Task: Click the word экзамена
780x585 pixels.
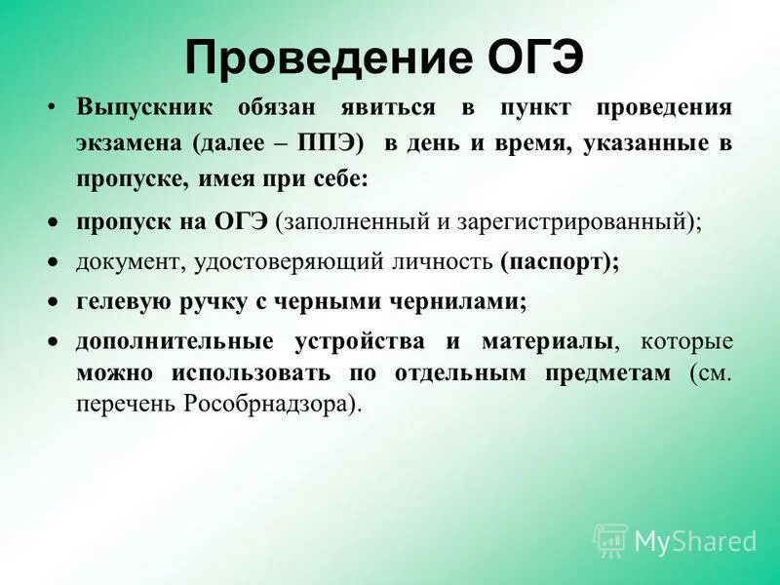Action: click(x=130, y=142)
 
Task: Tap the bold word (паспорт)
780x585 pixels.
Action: click(x=560, y=262)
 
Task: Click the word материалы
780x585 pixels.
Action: click(x=547, y=341)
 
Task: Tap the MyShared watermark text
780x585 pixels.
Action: click(x=695, y=540)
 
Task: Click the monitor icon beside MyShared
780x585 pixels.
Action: click(x=610, y=539)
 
